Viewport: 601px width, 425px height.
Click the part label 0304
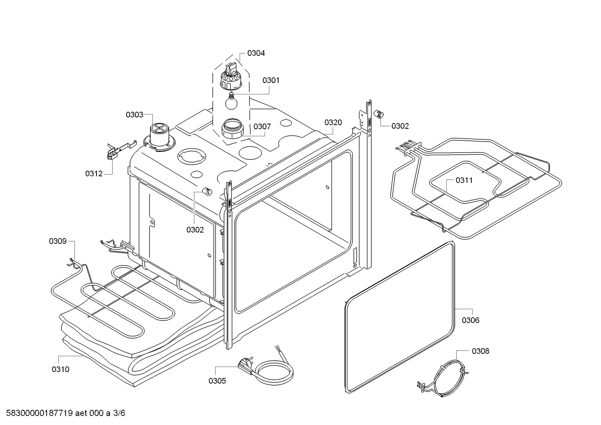(x=256, y=53)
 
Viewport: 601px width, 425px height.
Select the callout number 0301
(x=271, y=80)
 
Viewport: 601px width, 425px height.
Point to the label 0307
(x=262, y=127)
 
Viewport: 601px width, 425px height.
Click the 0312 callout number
(x=94, y=173)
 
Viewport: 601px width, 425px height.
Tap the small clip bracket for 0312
(x=121, y=150)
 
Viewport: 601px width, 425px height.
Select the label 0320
(x=333, y=123)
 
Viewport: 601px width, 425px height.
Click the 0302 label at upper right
(x=400, y=126)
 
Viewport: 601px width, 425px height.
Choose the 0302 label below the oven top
(x=195, y=230)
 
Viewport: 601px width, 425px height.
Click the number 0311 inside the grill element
(x=464, y=180)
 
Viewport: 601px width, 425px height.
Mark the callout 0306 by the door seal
(x=471, y=320)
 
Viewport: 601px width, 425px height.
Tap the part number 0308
(x=480, y=351)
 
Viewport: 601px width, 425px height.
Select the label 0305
(x=217, y=381)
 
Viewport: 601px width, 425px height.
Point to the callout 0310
(x=60, y=369)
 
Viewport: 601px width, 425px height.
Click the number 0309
(x=58, y=241)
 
